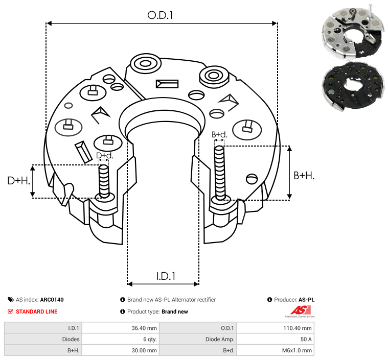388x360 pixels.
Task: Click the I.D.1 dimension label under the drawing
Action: (x=166, y=276)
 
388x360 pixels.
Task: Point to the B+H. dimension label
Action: (x=304, y=175)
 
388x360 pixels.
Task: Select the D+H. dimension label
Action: (x=18, y=180)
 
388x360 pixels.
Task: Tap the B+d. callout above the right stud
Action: (x=219, y=135)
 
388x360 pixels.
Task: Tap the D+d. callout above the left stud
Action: (x=104, y=155)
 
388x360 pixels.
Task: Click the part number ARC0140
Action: (x=52, y=300)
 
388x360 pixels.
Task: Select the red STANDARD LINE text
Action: (x=36, y=311)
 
